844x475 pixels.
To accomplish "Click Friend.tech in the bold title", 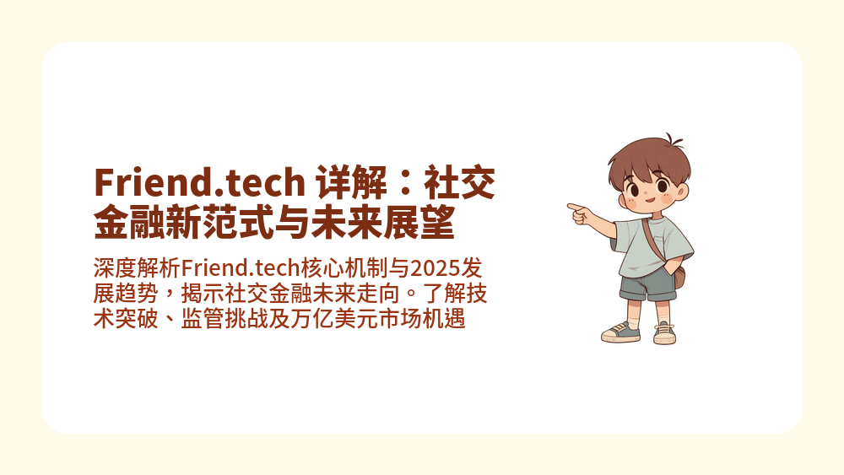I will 199,182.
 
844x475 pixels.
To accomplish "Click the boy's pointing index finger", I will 572,205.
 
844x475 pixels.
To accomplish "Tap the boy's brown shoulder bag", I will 678,274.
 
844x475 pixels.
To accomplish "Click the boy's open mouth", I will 650,201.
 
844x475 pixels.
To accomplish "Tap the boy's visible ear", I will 682,192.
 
